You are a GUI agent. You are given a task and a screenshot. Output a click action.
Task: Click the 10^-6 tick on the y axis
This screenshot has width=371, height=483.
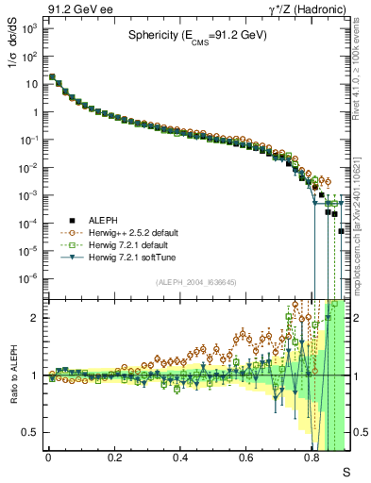[28, 278]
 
